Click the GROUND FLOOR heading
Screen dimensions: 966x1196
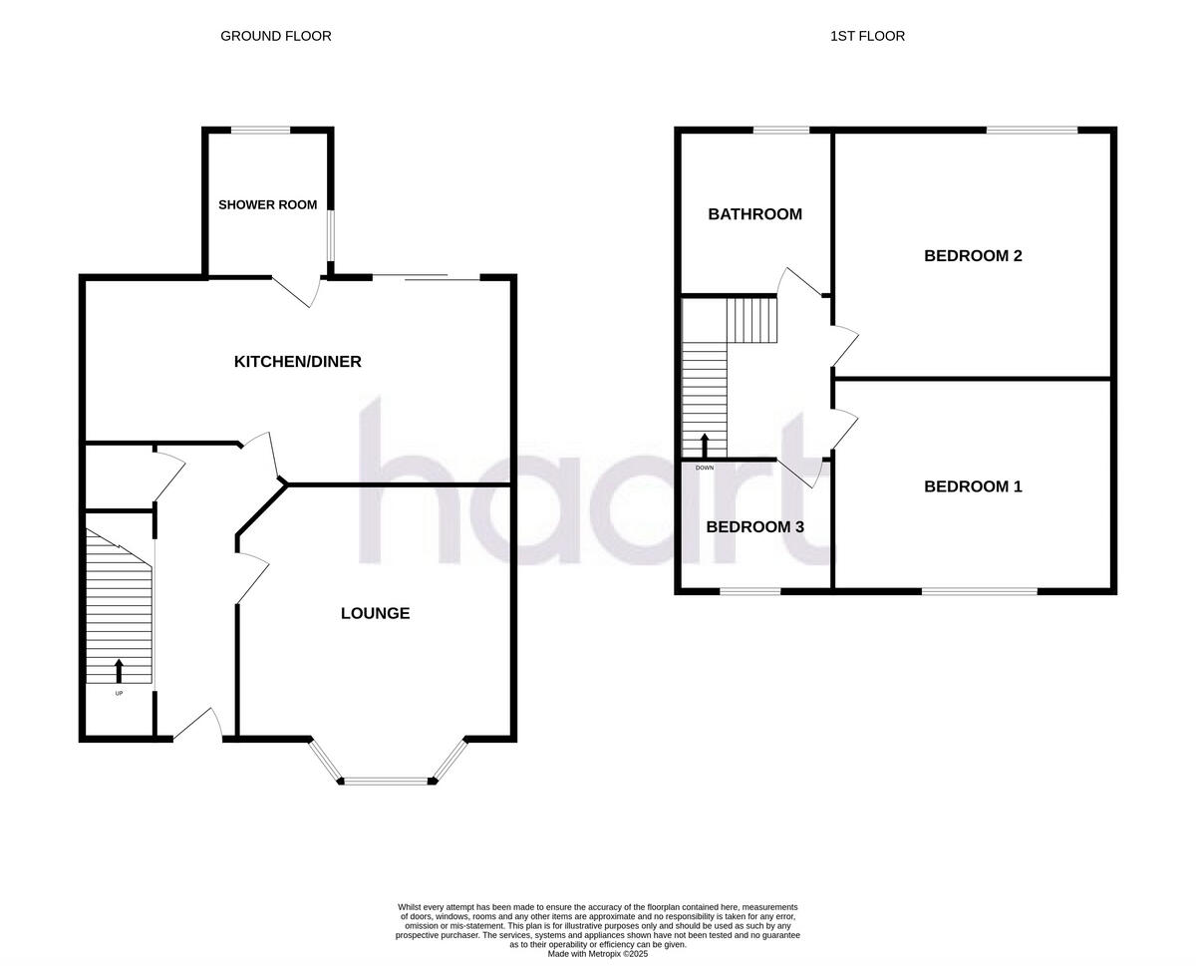click(275, 36)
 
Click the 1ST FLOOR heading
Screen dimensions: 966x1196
click(867, 36)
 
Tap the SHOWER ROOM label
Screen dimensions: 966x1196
click(268, 205)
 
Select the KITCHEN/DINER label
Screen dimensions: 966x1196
click(297, 362)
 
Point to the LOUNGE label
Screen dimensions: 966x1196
click(375, 614)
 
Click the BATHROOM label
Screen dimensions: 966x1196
click(754, 214)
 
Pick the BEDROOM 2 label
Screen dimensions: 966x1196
click(973, 256)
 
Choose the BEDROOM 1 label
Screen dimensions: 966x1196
click(973, 487)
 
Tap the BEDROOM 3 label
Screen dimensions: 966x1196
click(754, 527)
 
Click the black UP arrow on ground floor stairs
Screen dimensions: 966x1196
click(120, 670)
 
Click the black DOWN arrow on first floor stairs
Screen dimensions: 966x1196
click(705, 445)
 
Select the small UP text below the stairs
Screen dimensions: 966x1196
click(119, 693)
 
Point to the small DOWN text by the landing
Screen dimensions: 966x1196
click(705, 467)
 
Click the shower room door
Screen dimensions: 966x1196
click(297, 290)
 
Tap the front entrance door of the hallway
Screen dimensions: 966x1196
click(199, 725)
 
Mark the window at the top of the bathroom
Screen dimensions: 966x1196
click(780, 130)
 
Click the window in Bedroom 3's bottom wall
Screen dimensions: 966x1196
click(749, 592)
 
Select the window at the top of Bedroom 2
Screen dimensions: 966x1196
click(1032, 130)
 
